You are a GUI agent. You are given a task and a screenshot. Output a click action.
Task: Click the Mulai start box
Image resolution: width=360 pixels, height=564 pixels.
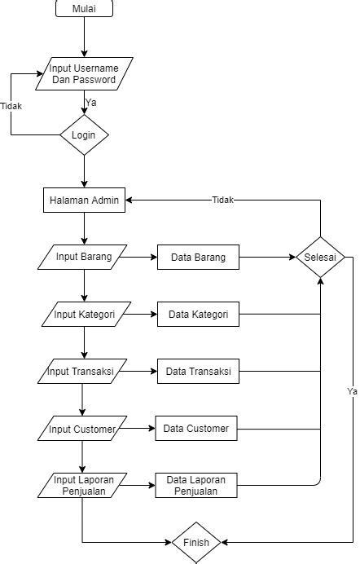click(x=85, y=8)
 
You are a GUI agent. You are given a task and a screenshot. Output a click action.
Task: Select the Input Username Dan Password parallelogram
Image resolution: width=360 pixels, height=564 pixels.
click(x=85, y=73)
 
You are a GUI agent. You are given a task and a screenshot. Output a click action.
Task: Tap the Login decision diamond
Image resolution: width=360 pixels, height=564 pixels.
click(x=84, y=134)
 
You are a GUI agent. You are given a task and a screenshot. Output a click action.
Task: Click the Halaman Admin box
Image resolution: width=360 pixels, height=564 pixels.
click(x=85, y=200)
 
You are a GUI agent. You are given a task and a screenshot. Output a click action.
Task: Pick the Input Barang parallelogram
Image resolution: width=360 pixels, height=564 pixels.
click(x=82, y=258)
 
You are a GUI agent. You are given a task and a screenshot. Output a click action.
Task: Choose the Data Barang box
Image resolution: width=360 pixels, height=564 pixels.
click(x=198, y=258)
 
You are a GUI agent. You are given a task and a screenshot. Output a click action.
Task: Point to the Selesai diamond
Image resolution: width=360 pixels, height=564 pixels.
click(x=320, y=258)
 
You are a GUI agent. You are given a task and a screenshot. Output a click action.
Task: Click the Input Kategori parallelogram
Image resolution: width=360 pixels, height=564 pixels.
click(x=86, y=314)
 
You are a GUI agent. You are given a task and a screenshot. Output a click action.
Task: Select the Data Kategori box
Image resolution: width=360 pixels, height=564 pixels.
click(x=198, y=314)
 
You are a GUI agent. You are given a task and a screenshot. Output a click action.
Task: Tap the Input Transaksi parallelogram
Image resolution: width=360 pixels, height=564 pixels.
click(x=82, y=371)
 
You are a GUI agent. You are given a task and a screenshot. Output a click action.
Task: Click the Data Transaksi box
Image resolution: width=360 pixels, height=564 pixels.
click(x=198, y=371)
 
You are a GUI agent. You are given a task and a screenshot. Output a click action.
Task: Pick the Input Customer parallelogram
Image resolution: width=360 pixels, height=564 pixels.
click(x=82, y=429)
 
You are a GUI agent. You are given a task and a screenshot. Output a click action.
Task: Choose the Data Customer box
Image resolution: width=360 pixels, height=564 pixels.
click(x=196, y=429)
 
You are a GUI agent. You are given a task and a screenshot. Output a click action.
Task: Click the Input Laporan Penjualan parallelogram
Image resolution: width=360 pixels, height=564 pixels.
click(x=82, y=485)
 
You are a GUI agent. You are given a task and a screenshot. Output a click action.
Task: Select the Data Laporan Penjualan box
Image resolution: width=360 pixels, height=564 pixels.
click(x=196, y=485)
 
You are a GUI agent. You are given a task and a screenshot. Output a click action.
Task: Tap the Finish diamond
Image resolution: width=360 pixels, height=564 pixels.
click(x=196, y=543)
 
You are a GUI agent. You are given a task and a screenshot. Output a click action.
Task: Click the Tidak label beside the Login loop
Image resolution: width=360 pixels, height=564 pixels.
click(x=11, y=106)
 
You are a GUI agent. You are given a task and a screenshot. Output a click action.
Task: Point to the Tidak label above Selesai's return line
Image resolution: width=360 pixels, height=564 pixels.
click(x=222, y=200)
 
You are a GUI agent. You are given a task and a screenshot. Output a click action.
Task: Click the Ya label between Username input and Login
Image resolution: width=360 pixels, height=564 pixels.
click(x=91, y=103)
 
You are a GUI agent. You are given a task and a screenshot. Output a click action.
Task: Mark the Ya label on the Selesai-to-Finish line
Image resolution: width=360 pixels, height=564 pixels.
click(x=352, y=391)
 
